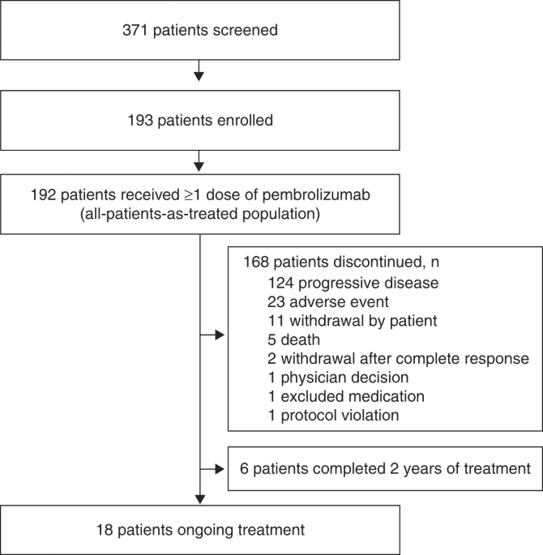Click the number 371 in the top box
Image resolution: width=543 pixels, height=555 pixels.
point(135,30)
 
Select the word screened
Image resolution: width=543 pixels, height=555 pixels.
point(246,30)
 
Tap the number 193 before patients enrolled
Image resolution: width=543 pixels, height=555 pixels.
point(140,121)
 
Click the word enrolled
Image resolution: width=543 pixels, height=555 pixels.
point(245,121)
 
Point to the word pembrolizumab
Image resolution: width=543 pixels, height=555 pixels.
point(316,194)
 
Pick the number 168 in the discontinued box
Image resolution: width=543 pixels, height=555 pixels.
point(256,262)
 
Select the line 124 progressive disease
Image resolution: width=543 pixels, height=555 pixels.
point(353,283)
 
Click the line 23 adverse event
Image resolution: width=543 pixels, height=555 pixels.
point(328,302)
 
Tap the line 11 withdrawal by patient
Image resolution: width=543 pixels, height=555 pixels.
point(353,321)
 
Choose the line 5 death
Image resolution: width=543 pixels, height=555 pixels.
point(294,339)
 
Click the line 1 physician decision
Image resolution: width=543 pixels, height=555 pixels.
point(339,378)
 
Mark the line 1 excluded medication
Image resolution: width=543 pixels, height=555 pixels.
point(346,396)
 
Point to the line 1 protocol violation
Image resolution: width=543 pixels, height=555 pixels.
point(333,415)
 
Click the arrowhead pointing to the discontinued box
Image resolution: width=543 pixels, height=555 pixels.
point(220,335)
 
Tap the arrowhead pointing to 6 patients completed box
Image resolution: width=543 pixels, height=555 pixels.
point(220,469)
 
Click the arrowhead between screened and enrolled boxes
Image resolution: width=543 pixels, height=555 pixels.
point(199,76)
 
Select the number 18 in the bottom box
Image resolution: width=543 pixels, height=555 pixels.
point(105,530)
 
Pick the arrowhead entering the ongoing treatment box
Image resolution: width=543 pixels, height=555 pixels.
point(200,499)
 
